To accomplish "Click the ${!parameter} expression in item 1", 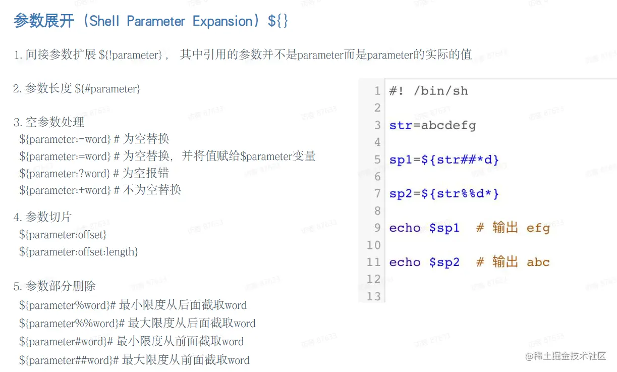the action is pyautogui.click(x=131, y=55).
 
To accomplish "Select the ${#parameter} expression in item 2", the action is pyautogui.click(x=107, y=89).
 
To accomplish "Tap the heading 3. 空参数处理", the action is pyautogui.click(x=49, y=122).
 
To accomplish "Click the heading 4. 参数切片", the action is pyautogui.click(x=43, y=218).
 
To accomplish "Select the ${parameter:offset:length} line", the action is pyautogui.click(x=79, y=251).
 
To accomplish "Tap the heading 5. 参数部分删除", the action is pyautogui.click(x=54, y=287).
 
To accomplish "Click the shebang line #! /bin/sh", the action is pyautogui.click(x=428, y=91).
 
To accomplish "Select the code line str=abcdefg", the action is pyautogui.click(x=432, y=125).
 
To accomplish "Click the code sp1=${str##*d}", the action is pyautogui.click(x=444, y=160).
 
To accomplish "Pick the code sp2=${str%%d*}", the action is pyautogui.click(x=444, y=194).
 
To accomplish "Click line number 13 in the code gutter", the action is pyautogui.click(x=373, y=296).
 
